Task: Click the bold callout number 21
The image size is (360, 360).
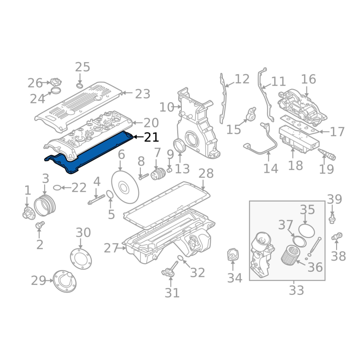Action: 151,137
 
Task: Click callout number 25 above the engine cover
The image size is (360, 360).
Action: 82,67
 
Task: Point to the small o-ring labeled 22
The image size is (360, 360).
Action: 57,188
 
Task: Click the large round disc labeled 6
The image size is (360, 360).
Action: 125,188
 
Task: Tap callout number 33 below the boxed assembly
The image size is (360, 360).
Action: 297,290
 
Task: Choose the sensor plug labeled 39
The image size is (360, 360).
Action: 332,219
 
